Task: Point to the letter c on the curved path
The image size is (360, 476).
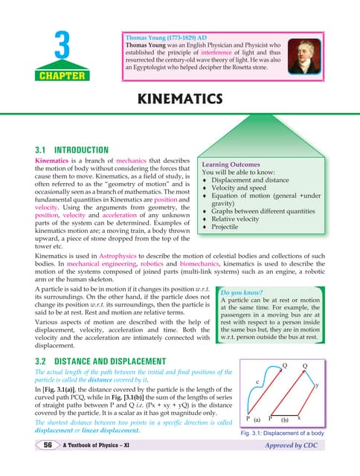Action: click(x=257, y=382)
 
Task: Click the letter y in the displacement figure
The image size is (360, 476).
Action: click(x=317, y=385)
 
